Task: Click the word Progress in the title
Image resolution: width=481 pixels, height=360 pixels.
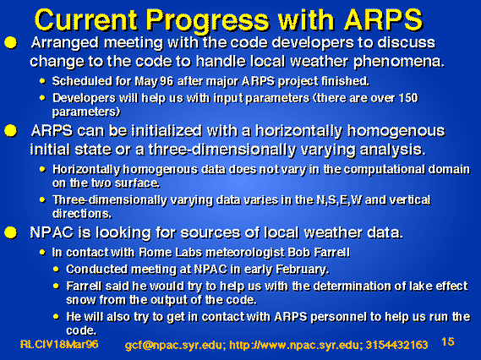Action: point(207,20)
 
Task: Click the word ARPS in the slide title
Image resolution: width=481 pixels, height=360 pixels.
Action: point(383,19)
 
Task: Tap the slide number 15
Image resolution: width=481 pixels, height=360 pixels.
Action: point(447,341)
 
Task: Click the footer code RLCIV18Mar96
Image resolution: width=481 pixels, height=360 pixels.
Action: point(59,344)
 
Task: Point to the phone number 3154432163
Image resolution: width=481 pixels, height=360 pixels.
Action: point(396,345)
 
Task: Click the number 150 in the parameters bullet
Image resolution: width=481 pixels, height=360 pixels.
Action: point(408,98)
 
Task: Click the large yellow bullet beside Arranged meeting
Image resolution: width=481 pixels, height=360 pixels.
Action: point(11,43)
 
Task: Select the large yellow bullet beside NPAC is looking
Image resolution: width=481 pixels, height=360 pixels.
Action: point(11,232)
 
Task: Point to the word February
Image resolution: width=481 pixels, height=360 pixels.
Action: point(303,270)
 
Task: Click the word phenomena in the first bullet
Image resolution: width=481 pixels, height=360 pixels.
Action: point(399,62)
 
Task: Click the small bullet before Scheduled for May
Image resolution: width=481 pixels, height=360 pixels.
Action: point(42,81)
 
